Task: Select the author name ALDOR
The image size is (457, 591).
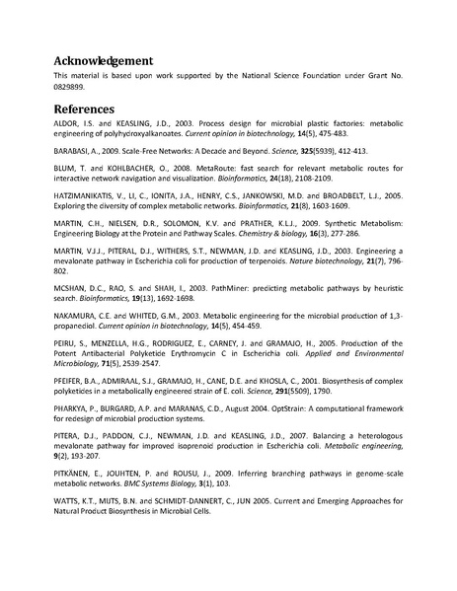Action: (x=65, y=125)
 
